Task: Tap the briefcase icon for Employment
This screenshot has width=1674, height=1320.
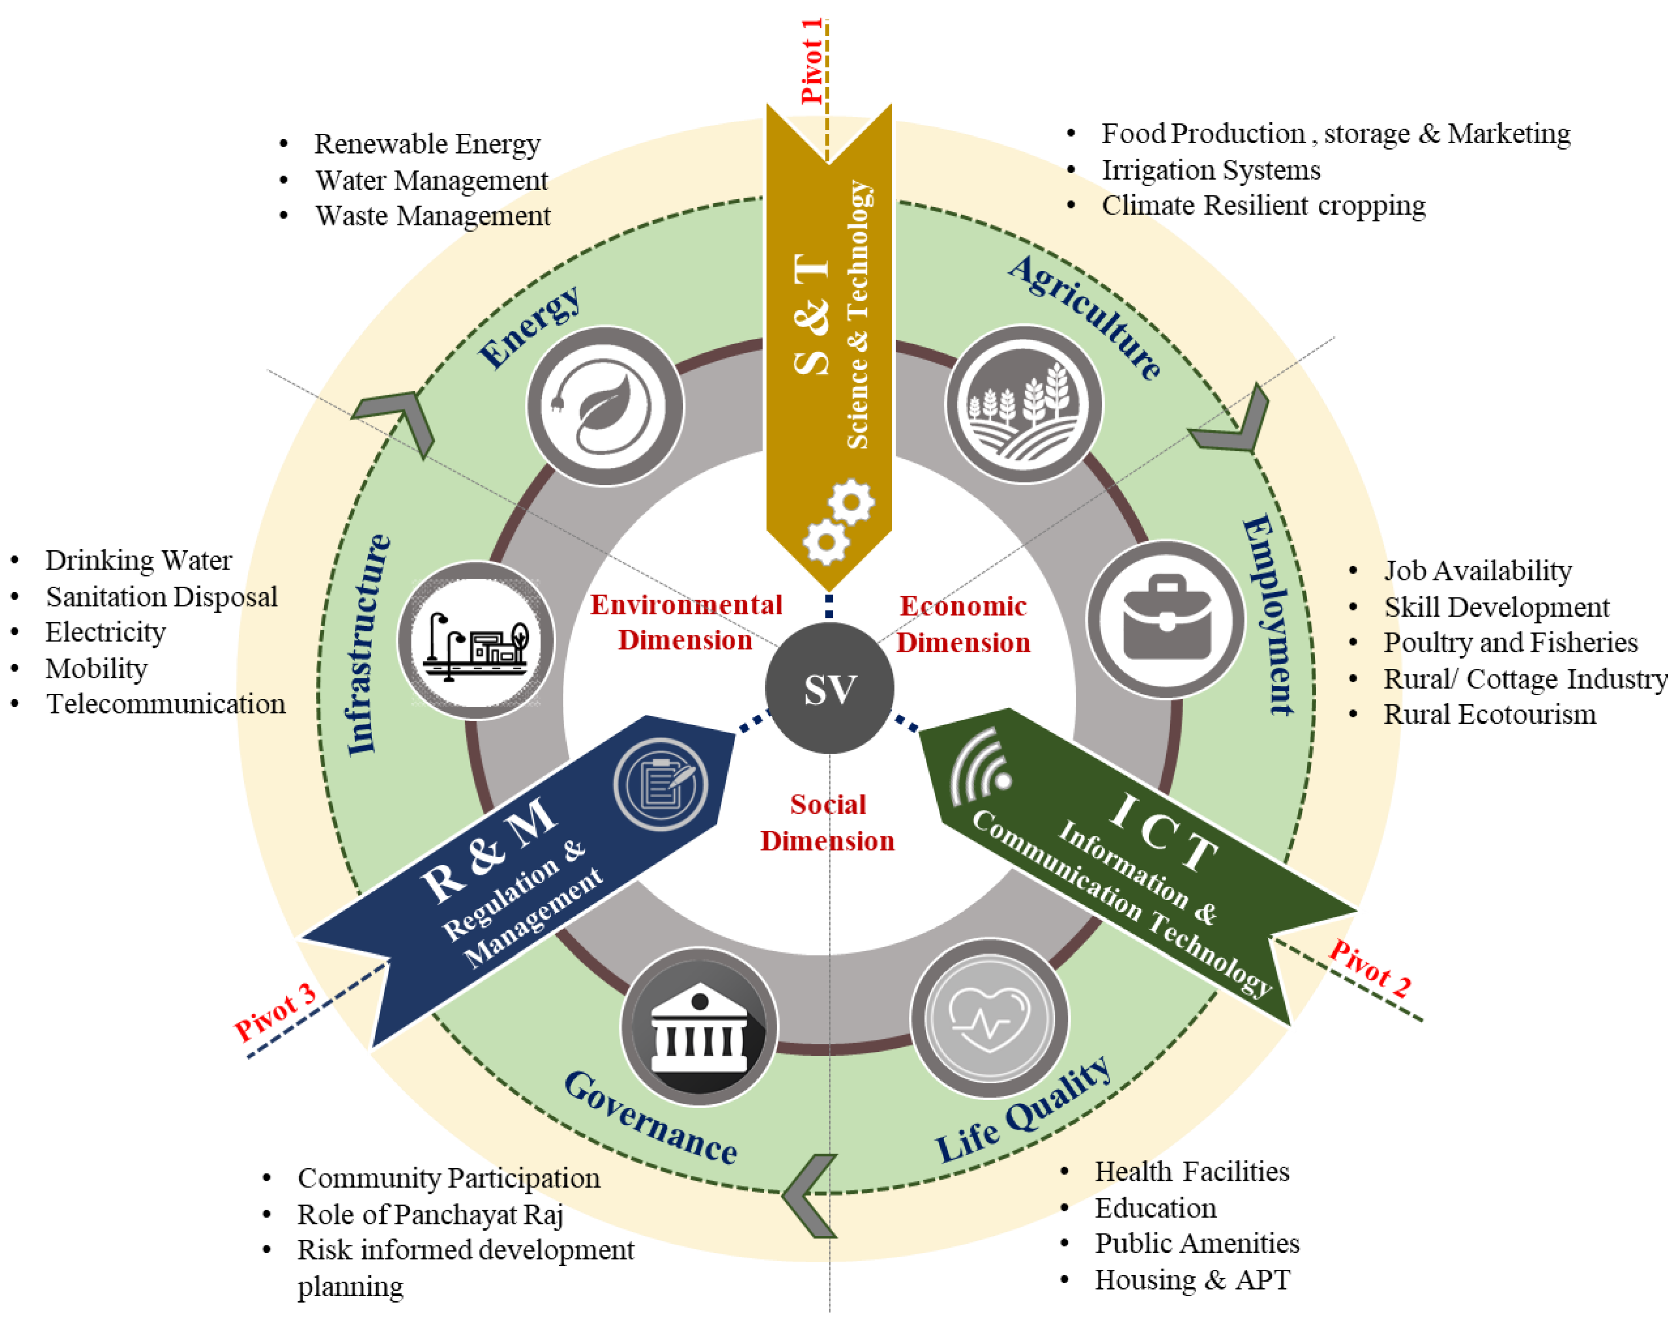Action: tap(1166, 618)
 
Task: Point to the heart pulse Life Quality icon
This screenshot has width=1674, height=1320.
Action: tap(990, 1018)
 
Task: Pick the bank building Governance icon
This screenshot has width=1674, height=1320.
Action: tap(700, 1027)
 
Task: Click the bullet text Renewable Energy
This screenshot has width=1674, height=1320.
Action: tap(427, 144)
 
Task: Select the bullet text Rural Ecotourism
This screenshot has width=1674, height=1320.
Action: tap(1489, 714)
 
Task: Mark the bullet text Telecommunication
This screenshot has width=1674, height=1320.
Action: tap(165, 704)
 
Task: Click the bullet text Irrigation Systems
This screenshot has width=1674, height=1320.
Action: tap(1211, 170)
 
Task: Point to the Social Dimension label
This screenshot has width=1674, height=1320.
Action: tap(827, 822)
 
